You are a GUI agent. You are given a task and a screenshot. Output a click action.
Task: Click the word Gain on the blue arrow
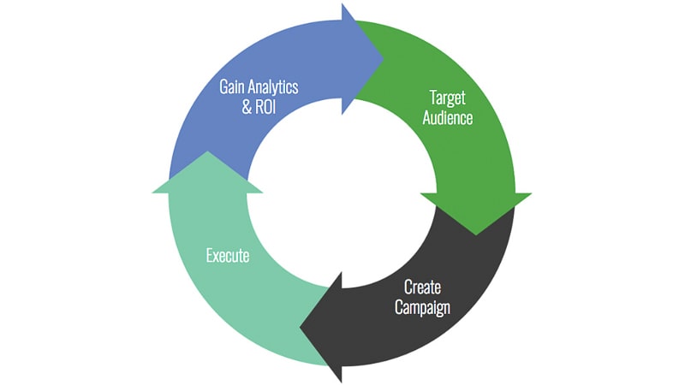235,86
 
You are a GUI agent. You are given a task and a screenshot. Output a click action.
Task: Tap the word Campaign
422,307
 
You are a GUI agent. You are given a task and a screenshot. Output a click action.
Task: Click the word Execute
228,255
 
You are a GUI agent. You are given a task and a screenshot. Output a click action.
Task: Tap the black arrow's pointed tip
302,326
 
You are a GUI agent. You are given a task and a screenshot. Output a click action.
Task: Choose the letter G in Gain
224,86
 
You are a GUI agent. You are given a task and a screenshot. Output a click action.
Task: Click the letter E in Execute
209,255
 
